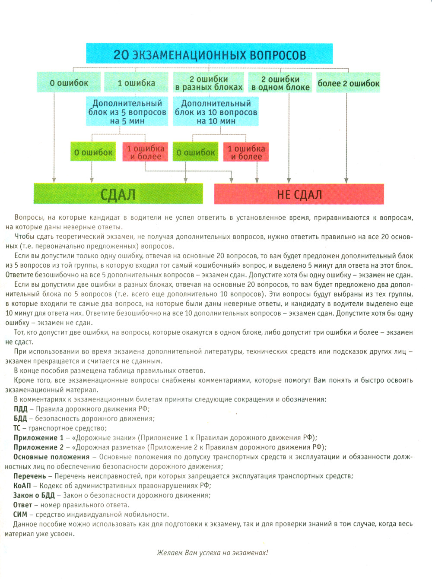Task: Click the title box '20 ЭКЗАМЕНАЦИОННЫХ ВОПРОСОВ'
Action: [x=210, y=54]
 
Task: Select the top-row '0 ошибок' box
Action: [x=69, y=82]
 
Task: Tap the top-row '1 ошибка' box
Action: [x=137, y=82]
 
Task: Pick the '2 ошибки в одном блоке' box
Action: [x=280, y=83]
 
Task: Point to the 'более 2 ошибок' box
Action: [x=348, y=83]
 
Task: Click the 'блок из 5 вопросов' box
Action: [x=127, y=112]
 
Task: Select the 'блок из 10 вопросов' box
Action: [x=216, y=112]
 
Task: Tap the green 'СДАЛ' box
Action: [x=118, y=194]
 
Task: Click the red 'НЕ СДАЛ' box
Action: [x=299, y=194]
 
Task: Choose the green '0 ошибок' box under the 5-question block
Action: [x=93, y=152]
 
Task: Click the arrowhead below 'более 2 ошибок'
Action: [x=346, y=180]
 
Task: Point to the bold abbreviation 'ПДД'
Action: [x=20, y=409]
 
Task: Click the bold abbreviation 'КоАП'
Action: [x=22, y=485]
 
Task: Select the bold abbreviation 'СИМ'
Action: [x=20, y=514]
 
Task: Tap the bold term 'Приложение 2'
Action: [x=38, y=447]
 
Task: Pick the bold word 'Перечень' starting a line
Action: [x=29, y=476]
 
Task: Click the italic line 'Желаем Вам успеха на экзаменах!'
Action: [x=212, y=553]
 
